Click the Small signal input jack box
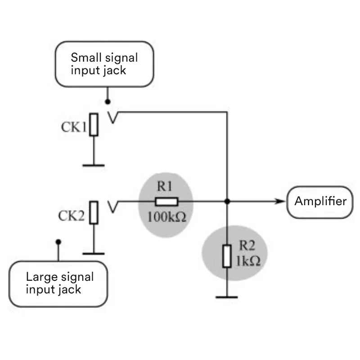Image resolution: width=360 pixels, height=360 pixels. [104, 64]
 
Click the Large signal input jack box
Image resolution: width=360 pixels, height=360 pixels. [59, 283]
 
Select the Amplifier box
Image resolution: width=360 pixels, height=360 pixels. [320, 201]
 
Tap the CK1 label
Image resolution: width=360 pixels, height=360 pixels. [73, 127]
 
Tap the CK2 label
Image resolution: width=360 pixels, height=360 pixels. [71, 216]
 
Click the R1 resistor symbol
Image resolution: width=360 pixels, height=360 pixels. [166, 202]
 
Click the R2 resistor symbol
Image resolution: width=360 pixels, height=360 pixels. [227, 256]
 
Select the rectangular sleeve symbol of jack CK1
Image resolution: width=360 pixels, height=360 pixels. [93, 125]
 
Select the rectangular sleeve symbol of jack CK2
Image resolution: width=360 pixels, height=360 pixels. [93, 212]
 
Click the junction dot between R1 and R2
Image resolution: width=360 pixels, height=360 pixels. [227, 201]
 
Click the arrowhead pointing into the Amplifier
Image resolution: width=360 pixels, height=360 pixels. [283, 201]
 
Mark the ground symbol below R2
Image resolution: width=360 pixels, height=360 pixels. [227, 297]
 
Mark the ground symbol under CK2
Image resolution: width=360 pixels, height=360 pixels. [93, 253]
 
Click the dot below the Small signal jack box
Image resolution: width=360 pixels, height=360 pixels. [107, 102]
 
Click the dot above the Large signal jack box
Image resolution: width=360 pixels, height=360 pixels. [58, 242]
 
